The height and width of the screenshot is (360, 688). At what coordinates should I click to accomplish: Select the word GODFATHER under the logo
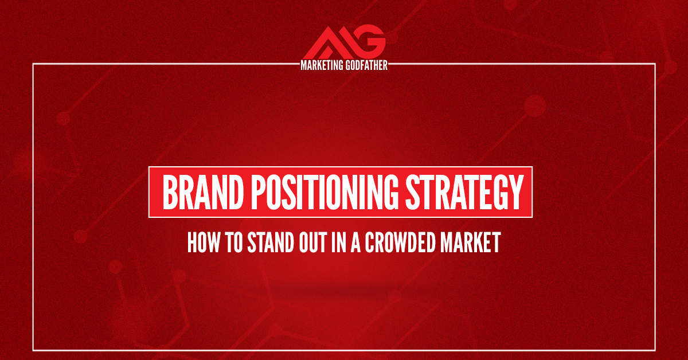point(367,65)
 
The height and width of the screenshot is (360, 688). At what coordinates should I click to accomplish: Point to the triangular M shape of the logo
point(330,42)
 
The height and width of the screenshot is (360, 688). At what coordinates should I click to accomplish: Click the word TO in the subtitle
point(235,243)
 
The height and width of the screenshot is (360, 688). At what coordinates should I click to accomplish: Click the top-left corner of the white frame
point(33,65)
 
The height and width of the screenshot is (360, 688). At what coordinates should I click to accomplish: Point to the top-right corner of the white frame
point(655,65)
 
